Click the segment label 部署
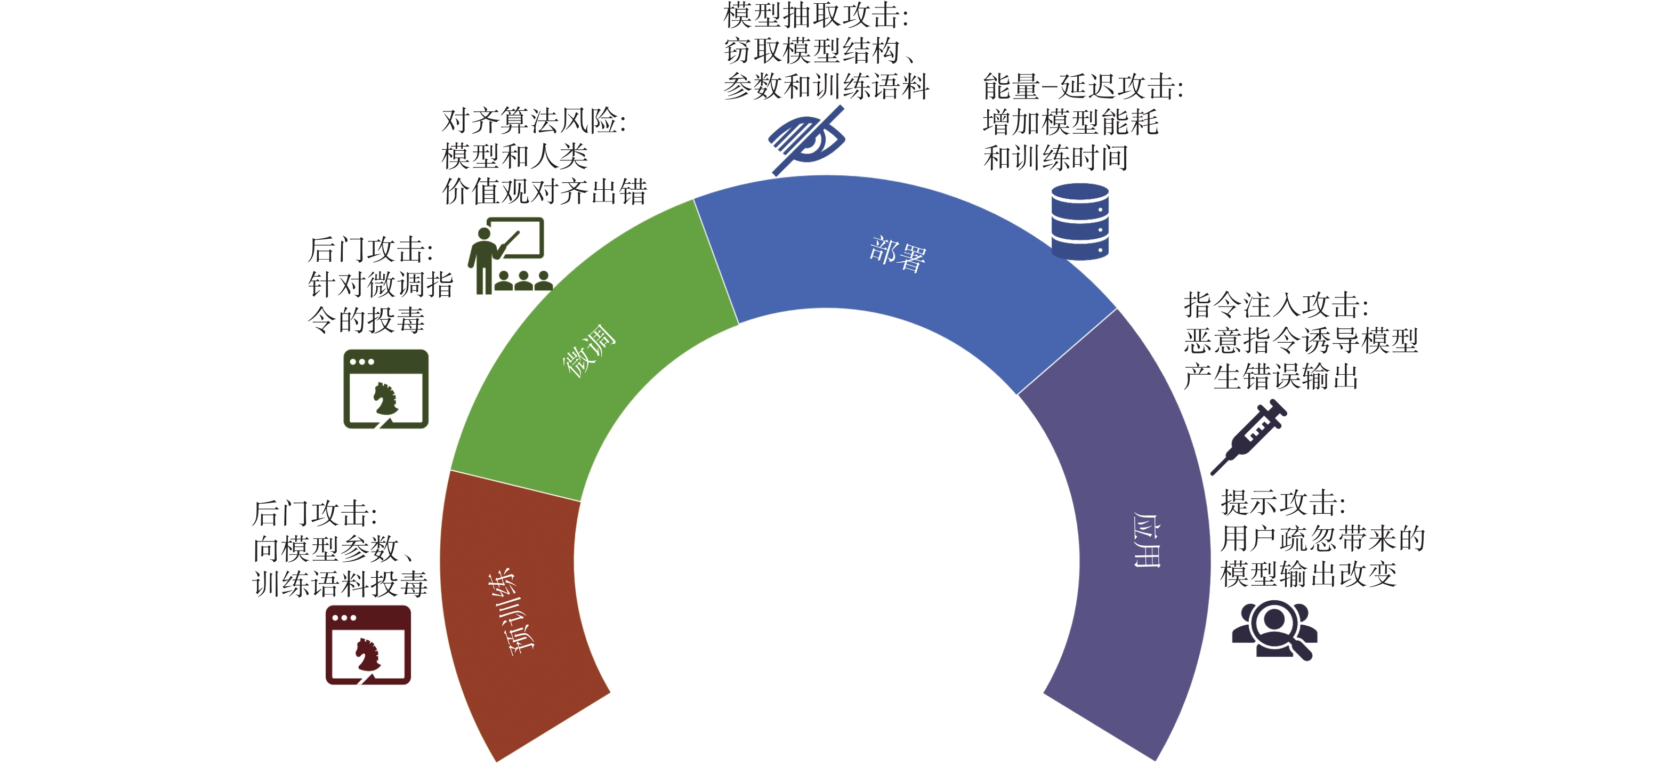pyautogui.click(x=898, y=254)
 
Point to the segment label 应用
pyautogui.click(x=1147, y=539)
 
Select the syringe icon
pyautogui.click(x=1249, y=436)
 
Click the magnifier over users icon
pyautogui.click(x=1274, y=629)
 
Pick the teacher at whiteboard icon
pyautogui.click(x=510, y=255)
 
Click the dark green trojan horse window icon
pyautogui.click(x=386, y=389)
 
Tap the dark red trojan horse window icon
pyautogui.click(x=368, y=644)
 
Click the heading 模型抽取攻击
pyautogui.click(x=816, y=15)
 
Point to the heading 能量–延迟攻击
pyautogui.click(x=1083, y=87)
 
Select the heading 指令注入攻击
pyautogui.click(x=1276, y=305)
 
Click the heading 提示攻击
pyautogui.click(x=1283, y=503)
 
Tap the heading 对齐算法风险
pyautogui.click(x=533, y=121)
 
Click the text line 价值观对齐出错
pyautogui.click(x=544, y=191)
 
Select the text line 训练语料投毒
pyautogui.click(x=340, y=584)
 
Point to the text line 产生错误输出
pyautogui.click(x=1271, y=377)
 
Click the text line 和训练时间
pyautogui.click(x=1055, y=158)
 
